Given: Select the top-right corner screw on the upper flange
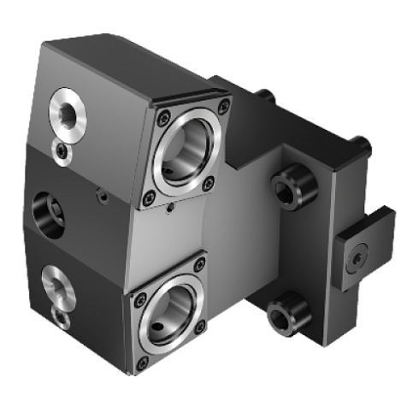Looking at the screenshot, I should coord(223,107).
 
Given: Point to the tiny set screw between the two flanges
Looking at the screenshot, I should coord(170,209).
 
